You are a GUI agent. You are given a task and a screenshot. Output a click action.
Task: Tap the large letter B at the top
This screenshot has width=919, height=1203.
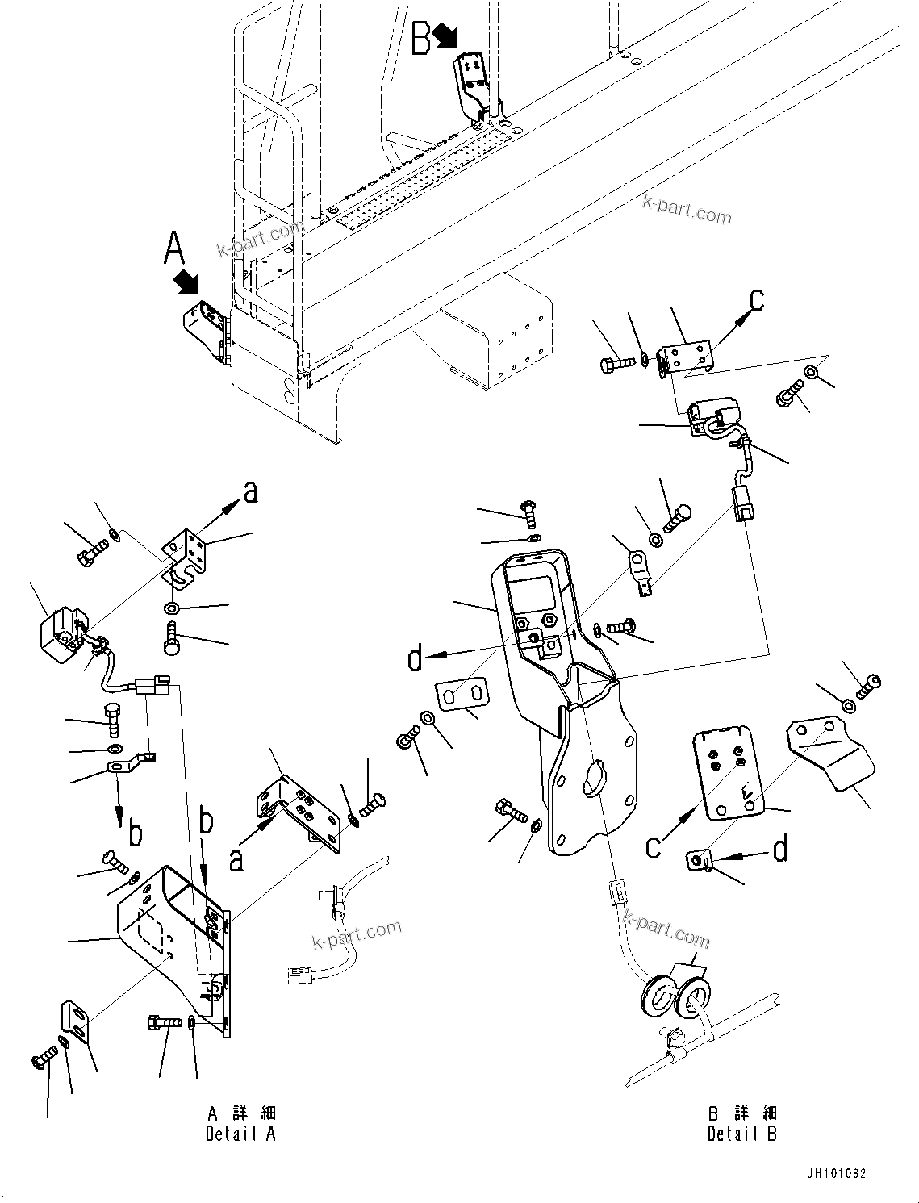421,39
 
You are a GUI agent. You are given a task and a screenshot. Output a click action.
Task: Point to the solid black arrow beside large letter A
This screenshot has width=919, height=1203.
187,282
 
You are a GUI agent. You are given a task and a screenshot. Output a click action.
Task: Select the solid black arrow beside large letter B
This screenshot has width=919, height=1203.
445,35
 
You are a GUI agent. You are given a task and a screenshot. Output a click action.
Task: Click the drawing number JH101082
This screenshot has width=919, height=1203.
834,1173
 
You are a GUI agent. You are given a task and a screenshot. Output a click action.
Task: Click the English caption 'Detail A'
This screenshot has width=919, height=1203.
240,1134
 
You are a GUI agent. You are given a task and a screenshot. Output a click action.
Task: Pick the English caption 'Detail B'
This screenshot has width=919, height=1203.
742,1134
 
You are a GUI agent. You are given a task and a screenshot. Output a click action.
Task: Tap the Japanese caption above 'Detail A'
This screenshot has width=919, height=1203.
242,1114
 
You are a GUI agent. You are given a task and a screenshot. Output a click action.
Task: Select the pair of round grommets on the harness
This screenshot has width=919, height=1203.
675,996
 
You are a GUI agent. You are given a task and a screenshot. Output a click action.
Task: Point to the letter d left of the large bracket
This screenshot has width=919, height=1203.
415,658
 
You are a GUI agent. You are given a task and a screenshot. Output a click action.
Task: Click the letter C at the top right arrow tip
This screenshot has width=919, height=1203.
755,299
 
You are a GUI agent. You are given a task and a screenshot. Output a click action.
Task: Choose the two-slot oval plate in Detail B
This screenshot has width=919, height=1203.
463,696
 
